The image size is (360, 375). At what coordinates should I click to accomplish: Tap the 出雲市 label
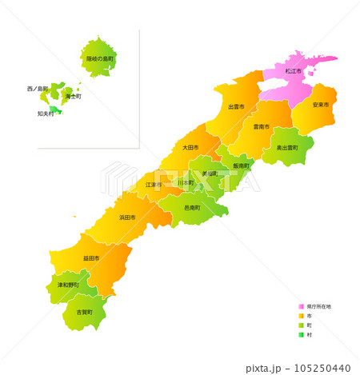click(x=236, y=106)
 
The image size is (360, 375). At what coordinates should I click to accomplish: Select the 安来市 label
click(x=321, y=105)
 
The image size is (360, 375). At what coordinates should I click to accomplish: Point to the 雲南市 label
click(x=261, y=126)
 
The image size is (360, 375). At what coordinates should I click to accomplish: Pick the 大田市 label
click(x=190, y=147)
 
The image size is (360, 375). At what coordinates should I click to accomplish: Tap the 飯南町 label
click(x=241, y=166)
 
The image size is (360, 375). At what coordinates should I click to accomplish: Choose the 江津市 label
click(x=154, y=185)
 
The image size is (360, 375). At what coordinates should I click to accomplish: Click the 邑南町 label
click(x=192, y=207)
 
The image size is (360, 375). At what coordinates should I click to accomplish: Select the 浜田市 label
click(x=127, y=217)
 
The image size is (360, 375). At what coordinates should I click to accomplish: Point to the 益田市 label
click(x=91, y=258)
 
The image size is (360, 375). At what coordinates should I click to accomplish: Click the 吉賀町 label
click(x=84, y=312)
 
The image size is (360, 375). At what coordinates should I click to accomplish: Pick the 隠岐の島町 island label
click(x=101, y=59)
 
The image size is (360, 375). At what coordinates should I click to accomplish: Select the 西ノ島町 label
click(x=38, y=88)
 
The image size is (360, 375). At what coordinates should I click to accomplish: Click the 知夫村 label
click(x=46, y=114)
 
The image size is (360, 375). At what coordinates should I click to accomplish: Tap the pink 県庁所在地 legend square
click(x=301, y=306)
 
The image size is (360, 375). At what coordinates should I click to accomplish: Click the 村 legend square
click(x=301, y=335)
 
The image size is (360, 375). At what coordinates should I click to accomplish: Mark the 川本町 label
click(x=186, y=183)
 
